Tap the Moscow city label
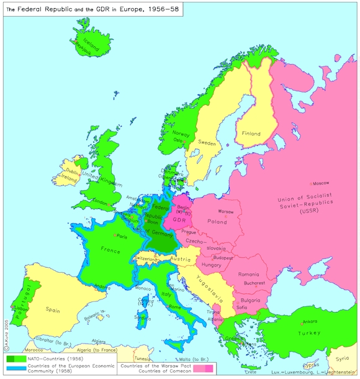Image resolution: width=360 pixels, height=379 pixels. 321,183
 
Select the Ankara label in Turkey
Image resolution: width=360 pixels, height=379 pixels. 309,322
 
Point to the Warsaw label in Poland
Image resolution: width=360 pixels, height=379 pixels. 225,211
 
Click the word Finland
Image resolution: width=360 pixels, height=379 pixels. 251,134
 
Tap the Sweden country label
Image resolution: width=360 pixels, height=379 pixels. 207,142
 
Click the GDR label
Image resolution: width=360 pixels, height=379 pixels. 179,220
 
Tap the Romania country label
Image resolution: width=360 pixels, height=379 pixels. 248,274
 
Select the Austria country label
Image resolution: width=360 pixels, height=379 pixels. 181,258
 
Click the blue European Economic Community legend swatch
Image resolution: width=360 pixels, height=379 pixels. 16,368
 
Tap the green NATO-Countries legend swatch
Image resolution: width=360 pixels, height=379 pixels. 16,358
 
